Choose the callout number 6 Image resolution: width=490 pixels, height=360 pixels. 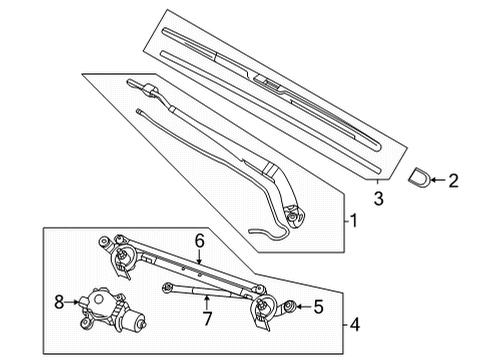199,240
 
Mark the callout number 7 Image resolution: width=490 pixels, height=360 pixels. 206,320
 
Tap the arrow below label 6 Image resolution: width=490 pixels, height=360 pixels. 199,256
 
